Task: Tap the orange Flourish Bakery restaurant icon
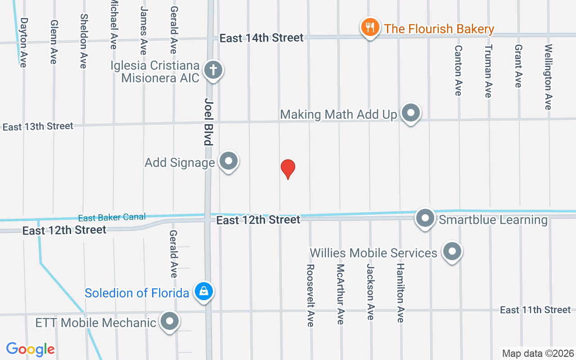370,27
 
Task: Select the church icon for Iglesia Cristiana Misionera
213,70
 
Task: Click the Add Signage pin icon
229,161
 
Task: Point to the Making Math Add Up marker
410,113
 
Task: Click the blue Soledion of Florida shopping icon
204,291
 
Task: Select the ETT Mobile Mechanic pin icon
170,321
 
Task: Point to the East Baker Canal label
112,218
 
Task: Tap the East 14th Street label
261,38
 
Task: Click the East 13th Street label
38,126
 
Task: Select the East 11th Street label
535,310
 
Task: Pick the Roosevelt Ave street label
310,295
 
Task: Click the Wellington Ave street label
548,76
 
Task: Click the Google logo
30,349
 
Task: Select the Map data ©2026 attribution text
538,353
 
